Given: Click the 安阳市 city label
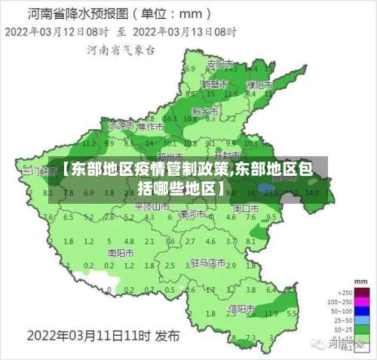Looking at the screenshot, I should click(x=217, y=63).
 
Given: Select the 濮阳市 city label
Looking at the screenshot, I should click(x=259, y=85).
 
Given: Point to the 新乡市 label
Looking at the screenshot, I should click(x=204, y=110).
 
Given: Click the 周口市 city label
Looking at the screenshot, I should click(x=245, y=207).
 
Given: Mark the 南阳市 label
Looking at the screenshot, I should click(x=121, y=252).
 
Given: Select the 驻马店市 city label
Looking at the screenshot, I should click(x=208, y=263).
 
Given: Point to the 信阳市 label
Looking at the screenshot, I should click(x=243, y=308).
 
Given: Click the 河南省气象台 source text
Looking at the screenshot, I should click(x=121, y=51).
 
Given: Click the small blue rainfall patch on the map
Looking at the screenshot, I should click(x=265, y=188).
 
